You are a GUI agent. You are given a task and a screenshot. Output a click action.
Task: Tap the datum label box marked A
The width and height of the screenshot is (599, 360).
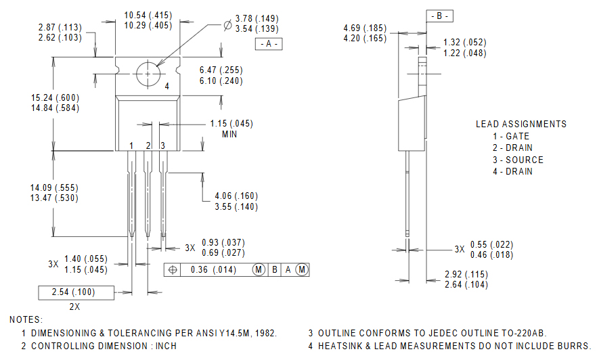269,44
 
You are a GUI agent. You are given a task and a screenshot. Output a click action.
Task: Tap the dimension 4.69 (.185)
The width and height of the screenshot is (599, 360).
365,28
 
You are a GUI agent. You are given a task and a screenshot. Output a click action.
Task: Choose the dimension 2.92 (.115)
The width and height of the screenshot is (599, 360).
466,274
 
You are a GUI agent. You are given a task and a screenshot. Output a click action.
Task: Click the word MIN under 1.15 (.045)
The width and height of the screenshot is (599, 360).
230,134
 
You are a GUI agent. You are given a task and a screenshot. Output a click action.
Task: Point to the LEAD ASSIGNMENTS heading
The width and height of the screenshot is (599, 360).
521,124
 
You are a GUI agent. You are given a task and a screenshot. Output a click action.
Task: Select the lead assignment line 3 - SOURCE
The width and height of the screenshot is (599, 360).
518,160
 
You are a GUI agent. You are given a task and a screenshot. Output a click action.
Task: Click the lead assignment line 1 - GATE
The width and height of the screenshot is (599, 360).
511,136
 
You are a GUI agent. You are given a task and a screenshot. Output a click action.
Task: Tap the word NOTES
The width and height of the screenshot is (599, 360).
26,319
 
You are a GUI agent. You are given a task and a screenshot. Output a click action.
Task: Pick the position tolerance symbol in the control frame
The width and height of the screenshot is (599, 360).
173,270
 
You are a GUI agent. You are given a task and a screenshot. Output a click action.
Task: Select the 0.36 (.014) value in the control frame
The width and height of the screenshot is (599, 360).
213,270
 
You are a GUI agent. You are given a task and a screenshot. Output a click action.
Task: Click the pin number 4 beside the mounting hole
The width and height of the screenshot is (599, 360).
167,87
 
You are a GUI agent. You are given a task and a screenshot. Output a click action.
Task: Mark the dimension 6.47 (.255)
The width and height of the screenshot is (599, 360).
221,70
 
